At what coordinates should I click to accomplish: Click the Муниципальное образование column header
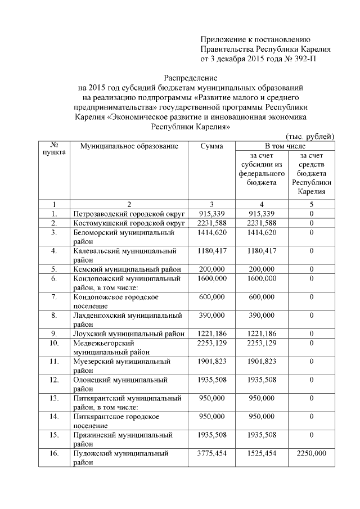pyautogui.click(x=129, y=146)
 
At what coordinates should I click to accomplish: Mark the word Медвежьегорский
pyautogui.click(x=104, y=343)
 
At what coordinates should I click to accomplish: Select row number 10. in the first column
pyautogui.click(x=55, y=343)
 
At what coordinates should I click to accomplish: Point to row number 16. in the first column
pyautogui.click(x=55, y=453)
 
